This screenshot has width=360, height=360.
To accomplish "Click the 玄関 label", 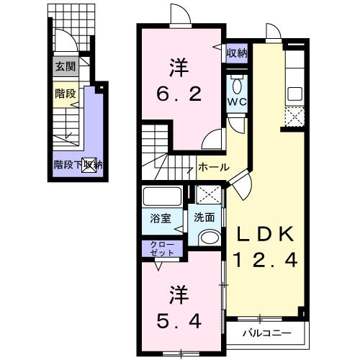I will tap(66, 67).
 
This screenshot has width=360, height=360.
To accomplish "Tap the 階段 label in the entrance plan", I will tap(66, 94).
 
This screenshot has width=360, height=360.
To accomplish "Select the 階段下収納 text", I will tap(78, 164).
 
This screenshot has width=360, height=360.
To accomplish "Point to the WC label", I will tap(238, 102).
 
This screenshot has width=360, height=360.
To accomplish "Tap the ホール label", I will tap(214, 167).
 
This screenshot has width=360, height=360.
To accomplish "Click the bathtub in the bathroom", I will tap(162, 197).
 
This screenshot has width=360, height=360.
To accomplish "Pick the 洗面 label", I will tap(204, 215).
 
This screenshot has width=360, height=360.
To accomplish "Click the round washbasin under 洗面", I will tap(210, 237).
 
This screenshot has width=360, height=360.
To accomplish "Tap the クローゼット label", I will tap(162, 249).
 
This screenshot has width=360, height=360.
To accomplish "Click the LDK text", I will tap(264, 234).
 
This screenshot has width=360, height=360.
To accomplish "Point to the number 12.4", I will tap(264, 261).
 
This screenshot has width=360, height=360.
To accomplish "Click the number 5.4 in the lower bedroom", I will tap(176, 320).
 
